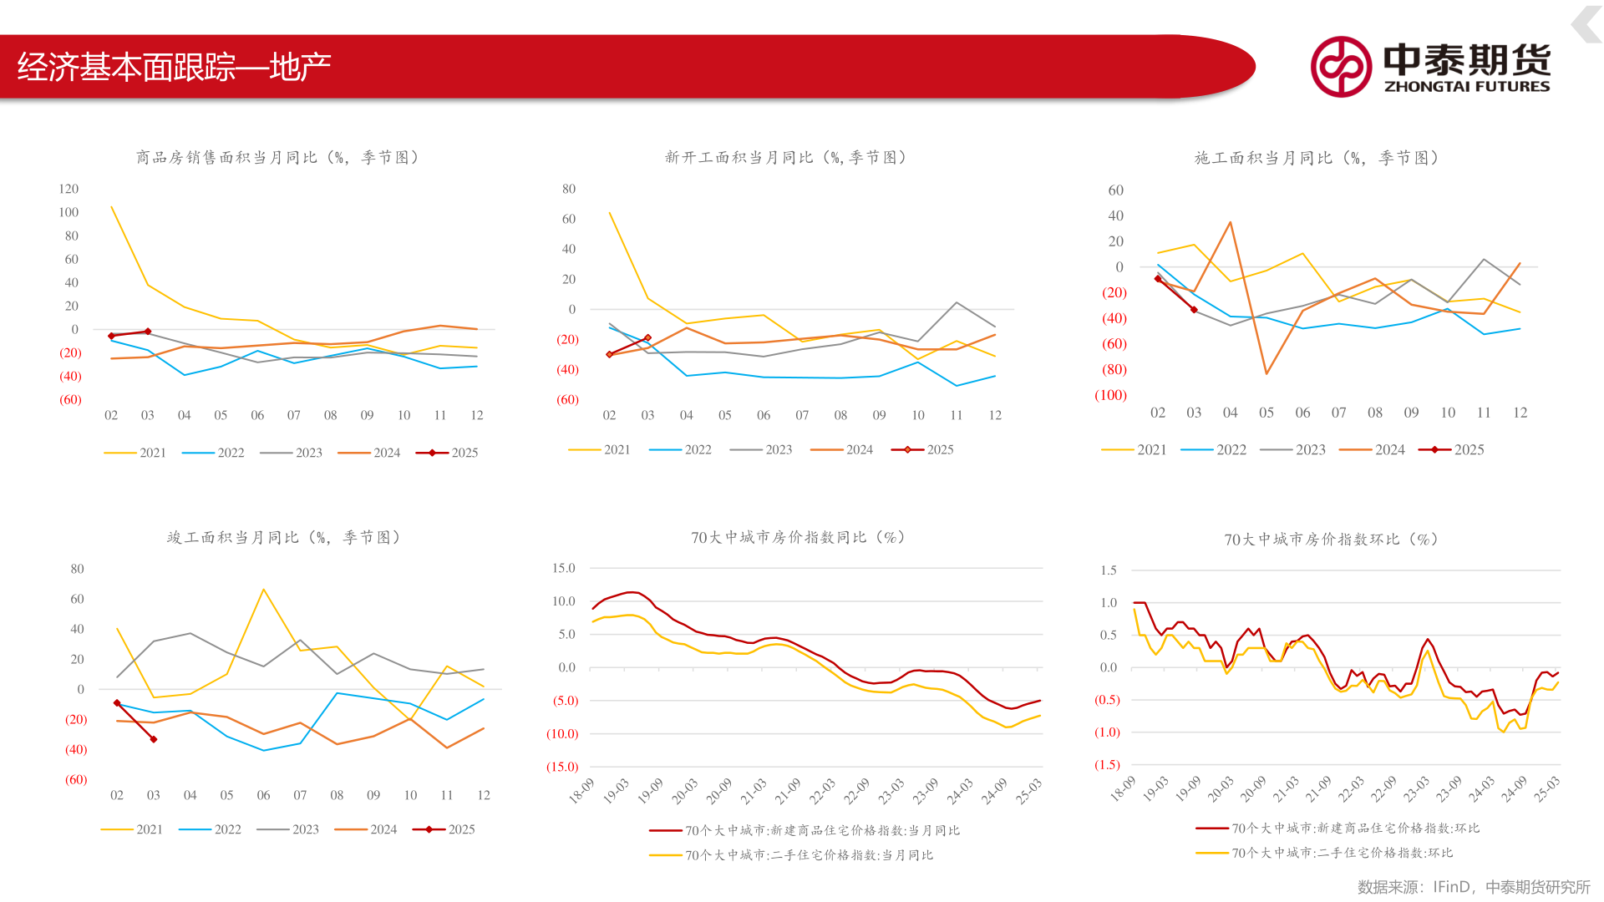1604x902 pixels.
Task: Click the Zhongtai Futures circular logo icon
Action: pos(1341,67)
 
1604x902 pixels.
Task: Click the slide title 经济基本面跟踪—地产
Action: pos(174,67)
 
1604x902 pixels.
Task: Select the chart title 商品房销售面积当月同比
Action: pos(227,157)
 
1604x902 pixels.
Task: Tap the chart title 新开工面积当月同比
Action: pos(739,157)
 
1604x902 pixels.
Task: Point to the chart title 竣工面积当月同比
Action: pos(233,537)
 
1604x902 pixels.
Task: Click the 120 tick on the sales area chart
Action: pos(69,189)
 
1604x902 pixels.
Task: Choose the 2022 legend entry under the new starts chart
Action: pos(681,449)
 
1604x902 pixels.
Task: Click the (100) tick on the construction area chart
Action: pos(1110,395)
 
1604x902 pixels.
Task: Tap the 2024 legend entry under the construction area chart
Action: pos(1372,449)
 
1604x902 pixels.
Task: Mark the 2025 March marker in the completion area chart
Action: pos(154,739)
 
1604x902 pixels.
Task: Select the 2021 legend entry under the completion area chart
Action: pos(132,829)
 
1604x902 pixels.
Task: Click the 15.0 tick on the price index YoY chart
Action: pos(564,568)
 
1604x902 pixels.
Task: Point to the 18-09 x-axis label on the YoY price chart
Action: pos(581,790)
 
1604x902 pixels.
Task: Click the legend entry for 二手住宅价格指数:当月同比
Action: pos(791,855)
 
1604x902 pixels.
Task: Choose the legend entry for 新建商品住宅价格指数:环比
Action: pos(1338,829)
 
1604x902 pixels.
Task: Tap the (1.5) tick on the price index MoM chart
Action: pos(1107,765)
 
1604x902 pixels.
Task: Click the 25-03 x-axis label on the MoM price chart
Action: pos(1546,789)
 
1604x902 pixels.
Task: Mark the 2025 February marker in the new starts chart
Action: pos(610,355)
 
